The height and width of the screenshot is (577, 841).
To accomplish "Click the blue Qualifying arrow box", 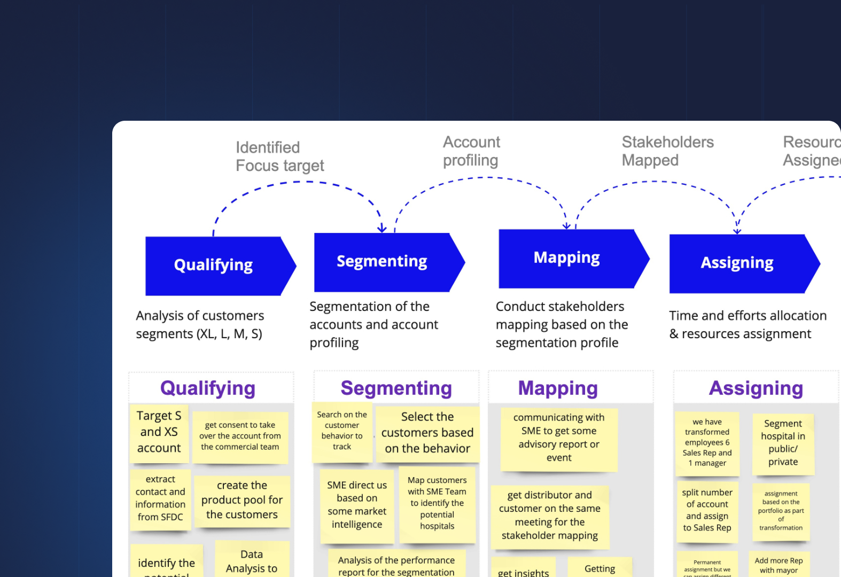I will pyautogui.click(x=214, y=266).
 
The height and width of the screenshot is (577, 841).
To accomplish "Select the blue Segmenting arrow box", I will pyautogui.click(x=382, y=262).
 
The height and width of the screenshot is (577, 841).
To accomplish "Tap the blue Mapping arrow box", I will pyautogui.click(x=567, y=258).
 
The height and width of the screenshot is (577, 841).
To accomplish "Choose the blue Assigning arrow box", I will pyautogui.click(x=737, y=263).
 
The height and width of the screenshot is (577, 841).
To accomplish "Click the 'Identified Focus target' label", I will pyautogui.click(x=279, y=157).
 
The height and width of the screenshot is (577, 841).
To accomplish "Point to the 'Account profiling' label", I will pyautogui.click(x=471, y=151).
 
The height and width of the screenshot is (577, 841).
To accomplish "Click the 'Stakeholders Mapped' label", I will pyautogui.click(x=667, y=151).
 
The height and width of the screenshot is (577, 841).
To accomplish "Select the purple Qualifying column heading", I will pyautogui.click(x=208, y=388).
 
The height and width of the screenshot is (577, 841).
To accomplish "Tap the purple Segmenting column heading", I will pyautogui.click(x=396, y=388).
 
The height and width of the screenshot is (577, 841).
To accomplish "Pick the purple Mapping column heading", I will pyautogui.click(x=558, y=388).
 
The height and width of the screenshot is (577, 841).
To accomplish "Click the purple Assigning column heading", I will pyautogui.click(x=756, y=388).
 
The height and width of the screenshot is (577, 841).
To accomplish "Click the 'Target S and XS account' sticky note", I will pyautogui.click(x=159, y=432).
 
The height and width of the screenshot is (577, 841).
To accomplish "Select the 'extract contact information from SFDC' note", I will pyautogui.click(x=160, y=498).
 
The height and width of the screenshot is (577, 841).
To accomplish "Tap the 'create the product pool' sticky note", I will pyautogui.click(x=242, y=500).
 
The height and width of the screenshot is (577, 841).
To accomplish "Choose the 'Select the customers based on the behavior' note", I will pyautogui.click(x=427, y=433).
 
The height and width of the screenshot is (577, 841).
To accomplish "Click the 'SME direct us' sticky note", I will pyautogui.click(x=357, y=505).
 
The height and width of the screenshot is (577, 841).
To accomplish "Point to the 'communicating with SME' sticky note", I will pyautogui.click(x=559, y=438).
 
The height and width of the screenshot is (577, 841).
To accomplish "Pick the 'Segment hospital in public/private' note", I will pyautogui.click(x=783, y=443).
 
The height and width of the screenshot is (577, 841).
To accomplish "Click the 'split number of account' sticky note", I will pyautogui.click(x=707, y=510).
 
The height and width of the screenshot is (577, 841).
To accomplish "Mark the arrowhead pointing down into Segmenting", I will pyautogui.click(x=382, y=229).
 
